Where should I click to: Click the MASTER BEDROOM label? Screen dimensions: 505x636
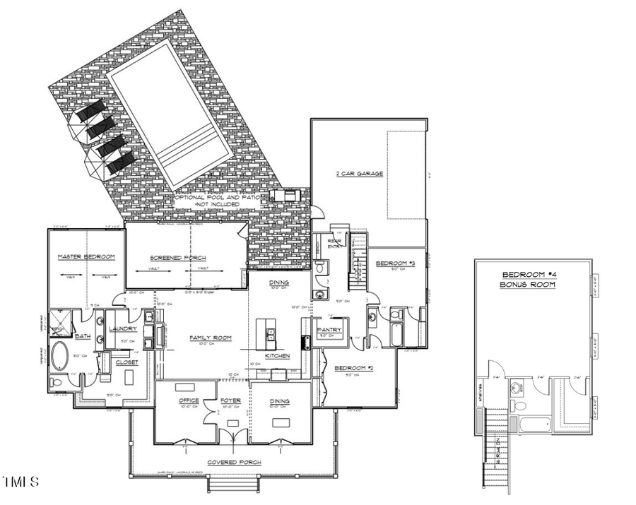86,256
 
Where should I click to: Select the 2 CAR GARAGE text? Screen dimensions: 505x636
359,173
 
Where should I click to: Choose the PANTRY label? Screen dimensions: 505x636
330,330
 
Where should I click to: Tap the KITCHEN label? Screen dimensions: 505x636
277,356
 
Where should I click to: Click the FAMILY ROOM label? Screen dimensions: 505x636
210,338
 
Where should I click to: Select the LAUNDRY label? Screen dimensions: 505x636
123,328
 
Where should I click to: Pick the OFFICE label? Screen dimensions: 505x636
189,401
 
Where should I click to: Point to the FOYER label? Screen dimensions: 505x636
230,401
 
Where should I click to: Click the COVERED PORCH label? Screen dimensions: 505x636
233,463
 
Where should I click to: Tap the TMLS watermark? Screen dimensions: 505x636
20,482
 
